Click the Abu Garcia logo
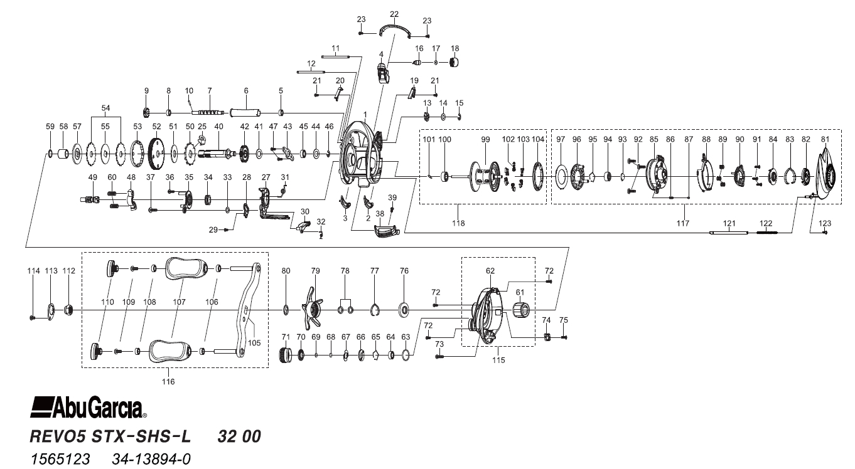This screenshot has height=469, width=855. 88,408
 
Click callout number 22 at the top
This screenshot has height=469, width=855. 394,14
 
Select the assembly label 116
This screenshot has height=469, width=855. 168,381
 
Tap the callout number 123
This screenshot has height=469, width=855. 825,223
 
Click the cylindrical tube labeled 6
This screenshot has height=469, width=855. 246,113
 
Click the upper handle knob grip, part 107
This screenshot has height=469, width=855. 186,268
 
